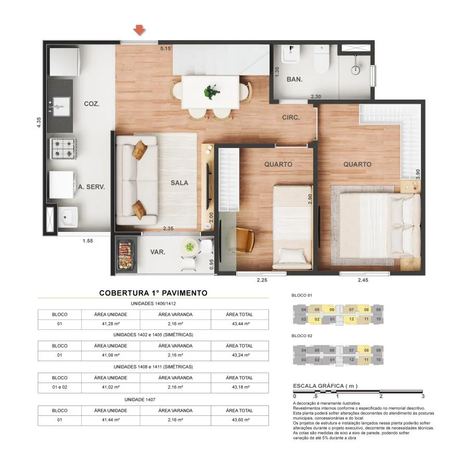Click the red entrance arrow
point(139,30)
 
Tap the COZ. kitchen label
point(92,104)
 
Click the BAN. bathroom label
point(294,80)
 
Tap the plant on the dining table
point(211,92)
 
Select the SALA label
point(179,183)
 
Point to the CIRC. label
point(291,118)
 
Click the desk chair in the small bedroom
point(243,240)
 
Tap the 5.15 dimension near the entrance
point(165,48)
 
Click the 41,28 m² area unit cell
point(111,325)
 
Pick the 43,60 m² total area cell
point(239,420)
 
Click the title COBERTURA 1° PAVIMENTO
point(153,293)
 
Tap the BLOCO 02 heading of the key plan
point(302,336)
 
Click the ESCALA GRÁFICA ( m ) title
point(325,386)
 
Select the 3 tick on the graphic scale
point(423,397)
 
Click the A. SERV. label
point(92,186)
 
